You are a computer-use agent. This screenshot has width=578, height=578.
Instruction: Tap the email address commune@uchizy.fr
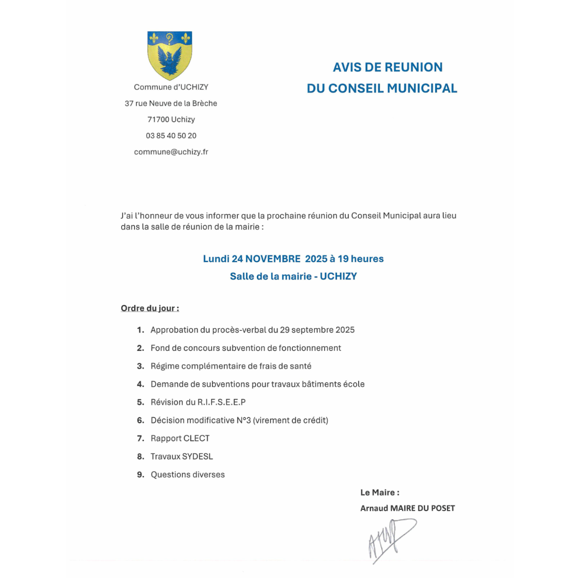tap(171, 152)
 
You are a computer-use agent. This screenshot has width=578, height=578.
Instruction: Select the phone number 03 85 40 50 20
tap(171, 136)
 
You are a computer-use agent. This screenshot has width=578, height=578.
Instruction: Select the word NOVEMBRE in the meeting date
tap(273, 259)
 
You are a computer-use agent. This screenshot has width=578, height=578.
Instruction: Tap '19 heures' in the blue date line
tap(361, 259)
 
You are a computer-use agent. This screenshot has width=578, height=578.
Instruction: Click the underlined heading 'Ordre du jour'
tap(150, 308)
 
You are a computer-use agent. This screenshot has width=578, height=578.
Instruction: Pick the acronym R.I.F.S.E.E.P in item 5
tap(222, 402)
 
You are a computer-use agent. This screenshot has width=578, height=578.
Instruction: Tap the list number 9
tap(140, 475)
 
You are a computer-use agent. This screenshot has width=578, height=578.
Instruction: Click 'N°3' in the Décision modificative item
tap(244, 420)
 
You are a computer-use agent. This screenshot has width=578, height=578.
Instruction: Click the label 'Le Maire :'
tap(380, 492)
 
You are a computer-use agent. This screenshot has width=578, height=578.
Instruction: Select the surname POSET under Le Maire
tap(442, 508)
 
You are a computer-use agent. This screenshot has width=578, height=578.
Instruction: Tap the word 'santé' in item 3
tap(301, 366)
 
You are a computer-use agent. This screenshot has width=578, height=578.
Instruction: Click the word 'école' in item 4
tap(354, 384)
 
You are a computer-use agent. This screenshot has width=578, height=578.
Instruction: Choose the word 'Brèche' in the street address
tap(205, 103)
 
